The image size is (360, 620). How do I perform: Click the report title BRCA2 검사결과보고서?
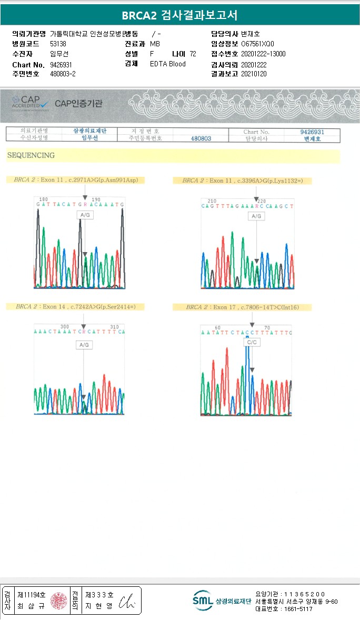point(179,15)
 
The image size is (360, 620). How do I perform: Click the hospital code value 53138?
point(58,44)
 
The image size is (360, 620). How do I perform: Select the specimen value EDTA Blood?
point(168,64)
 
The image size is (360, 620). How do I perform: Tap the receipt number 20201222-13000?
point(263,54)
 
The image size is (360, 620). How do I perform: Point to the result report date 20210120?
point(254,74)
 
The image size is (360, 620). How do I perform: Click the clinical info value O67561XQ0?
point(257,44)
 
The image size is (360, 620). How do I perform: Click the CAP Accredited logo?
point(30,102)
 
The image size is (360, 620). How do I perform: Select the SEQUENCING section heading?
point(31,155)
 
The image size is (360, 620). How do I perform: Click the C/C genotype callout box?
point(252,342)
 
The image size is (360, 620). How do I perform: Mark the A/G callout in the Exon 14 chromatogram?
point(84,345)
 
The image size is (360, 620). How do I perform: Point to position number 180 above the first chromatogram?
point(44,199)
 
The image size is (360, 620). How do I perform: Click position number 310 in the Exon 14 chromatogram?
point(115,326)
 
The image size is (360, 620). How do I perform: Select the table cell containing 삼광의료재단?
point(89,131)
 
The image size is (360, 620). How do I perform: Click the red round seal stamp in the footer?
point(58,600)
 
